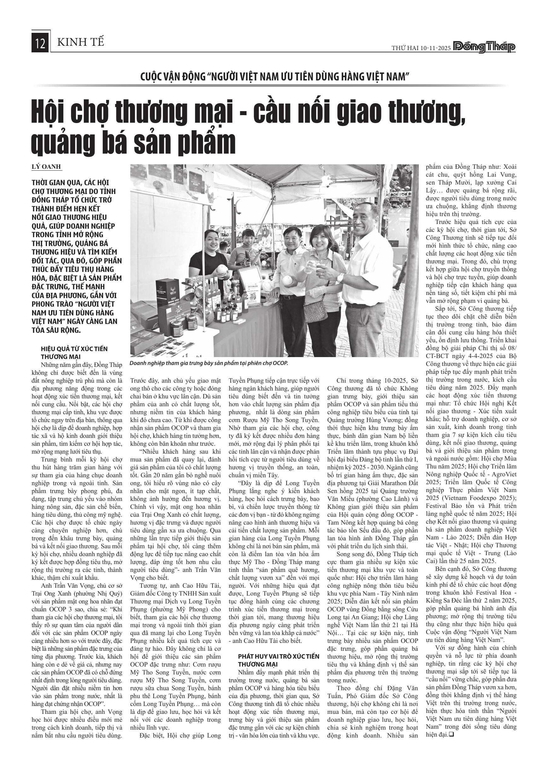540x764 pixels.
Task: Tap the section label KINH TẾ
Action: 81,42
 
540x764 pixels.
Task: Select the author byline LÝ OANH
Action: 46,167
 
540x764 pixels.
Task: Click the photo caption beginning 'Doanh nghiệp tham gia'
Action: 208,363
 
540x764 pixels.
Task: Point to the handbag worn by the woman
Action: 316,311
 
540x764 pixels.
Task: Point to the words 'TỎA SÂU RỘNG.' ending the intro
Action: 56,330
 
